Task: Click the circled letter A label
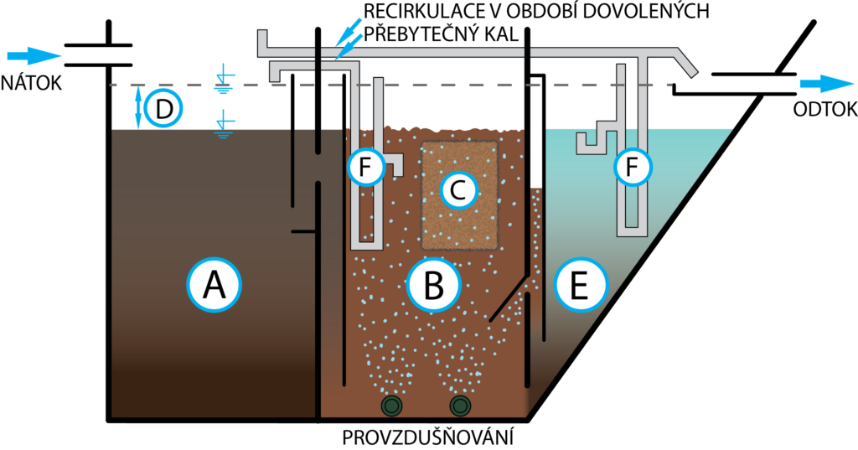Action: tap(214, 285)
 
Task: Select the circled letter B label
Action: tap(433, 285)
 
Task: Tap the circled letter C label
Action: tap(457, 191)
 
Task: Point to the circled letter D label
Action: tap(163, 108)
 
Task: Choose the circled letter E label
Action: tap(579, 285)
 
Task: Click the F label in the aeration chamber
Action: tap(365, 168)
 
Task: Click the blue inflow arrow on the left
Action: tap(34, 56)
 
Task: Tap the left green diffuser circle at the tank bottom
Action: tap(391, 406)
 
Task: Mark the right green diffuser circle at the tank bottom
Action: tap(460, 406)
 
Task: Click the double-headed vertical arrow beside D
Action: tap(139, 108)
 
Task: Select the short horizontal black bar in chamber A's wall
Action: tap(302, 230)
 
